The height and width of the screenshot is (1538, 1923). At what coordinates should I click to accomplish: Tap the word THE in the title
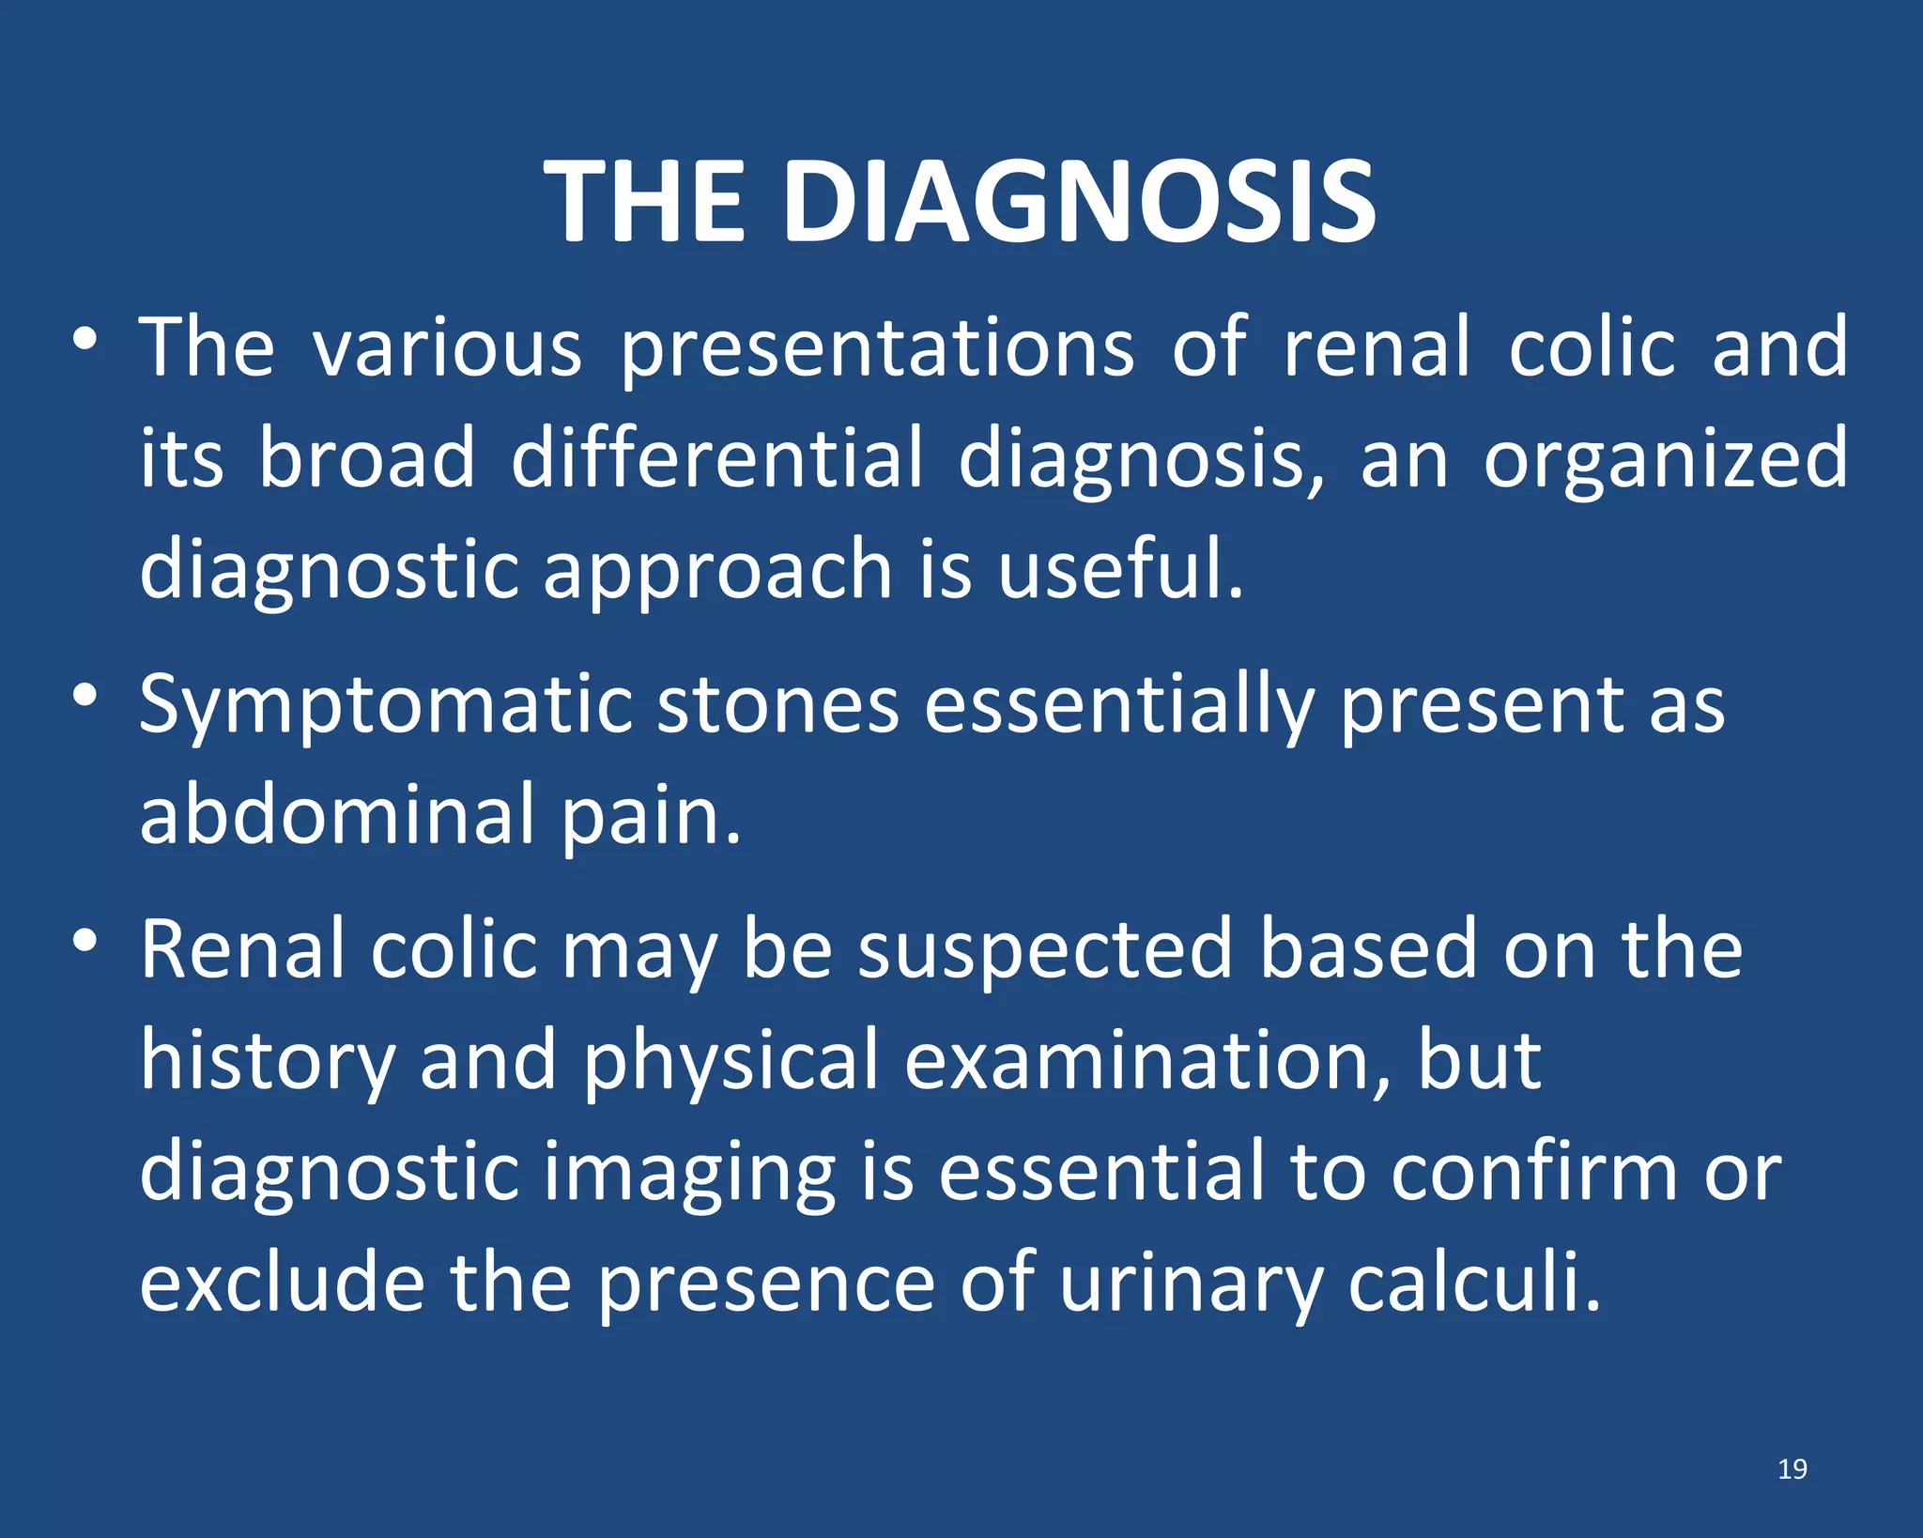pos(645,202)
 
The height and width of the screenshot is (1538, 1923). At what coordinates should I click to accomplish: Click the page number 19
pos(1792,1469)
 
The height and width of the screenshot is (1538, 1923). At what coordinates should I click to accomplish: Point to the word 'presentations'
pos(877,349)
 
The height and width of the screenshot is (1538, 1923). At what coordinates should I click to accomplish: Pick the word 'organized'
pos(1665,460)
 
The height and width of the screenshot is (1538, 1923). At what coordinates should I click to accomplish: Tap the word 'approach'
pos(717,571)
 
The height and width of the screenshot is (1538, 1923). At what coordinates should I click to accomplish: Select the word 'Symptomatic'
pos(385,706)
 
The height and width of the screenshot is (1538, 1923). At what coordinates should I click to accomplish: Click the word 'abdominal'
pos(338,814)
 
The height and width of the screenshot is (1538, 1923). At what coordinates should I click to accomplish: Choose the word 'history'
pos(268,1061)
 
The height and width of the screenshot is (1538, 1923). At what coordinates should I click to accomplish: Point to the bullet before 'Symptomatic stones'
pos(85,696)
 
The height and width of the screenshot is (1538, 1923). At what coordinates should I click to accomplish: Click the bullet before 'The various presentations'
pos(85,339)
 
